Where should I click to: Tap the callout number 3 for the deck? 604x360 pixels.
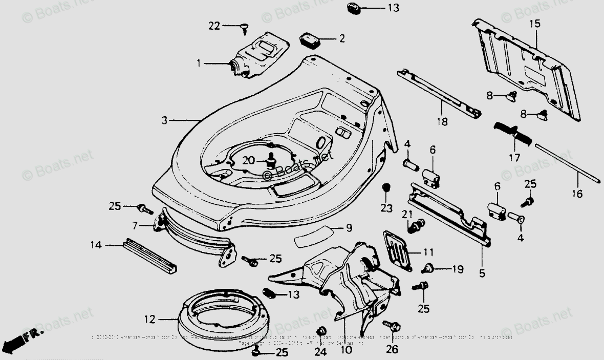pyautogui.click(x=164, y=121)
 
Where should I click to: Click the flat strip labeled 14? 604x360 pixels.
pyautogui.click(x=150, y=255)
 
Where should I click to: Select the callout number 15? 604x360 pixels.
pyautogui.click(x=534, y=24)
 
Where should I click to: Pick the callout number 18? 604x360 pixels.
pyautogui.click(x=442, y=122)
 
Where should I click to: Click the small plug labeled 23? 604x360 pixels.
pyautogui.click(x=387, y=187)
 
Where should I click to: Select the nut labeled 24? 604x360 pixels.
pyautogui.click(x=322, y=330)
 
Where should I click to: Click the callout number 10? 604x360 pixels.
pyautogui.click(x=346, y=350)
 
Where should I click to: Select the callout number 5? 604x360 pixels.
pyautogui.click(x=482, y=273)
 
